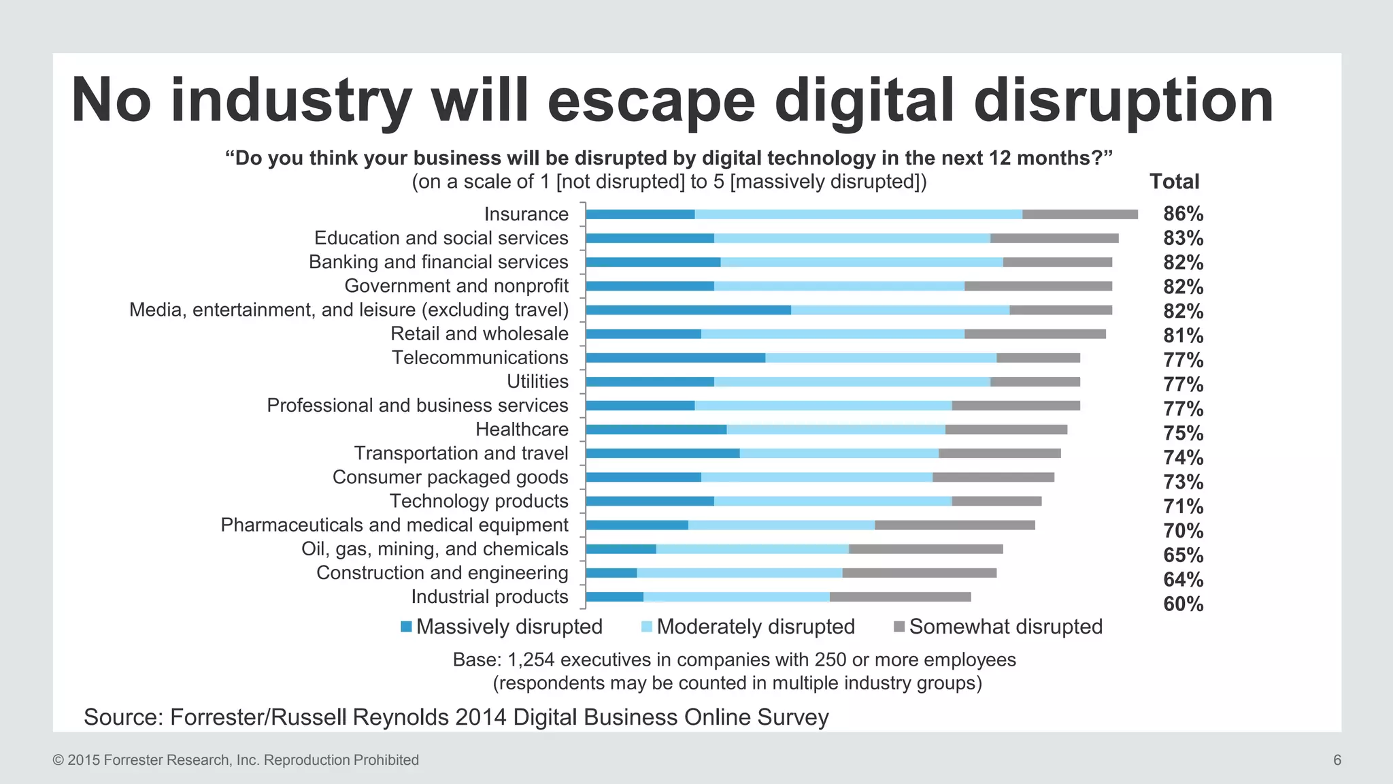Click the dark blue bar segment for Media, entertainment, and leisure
[688, 310]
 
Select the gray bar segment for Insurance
[1079, 214]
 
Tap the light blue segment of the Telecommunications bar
[881, 358]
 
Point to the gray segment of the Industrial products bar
[900, 597]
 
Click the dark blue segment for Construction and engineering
[611, 573]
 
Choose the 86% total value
[1183, 214]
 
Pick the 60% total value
[1183, 604]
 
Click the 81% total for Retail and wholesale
[1183, 336]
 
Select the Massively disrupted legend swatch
[407, 627]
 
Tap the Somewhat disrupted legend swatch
[899, 627]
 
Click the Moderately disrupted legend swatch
[647, 627]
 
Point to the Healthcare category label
[522, 429]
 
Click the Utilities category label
[537, 382]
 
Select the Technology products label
[479, 501]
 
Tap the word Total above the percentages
[1174, 182]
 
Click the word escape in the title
[651, 101]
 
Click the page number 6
[1337, 760]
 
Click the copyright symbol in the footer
[58, 760]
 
